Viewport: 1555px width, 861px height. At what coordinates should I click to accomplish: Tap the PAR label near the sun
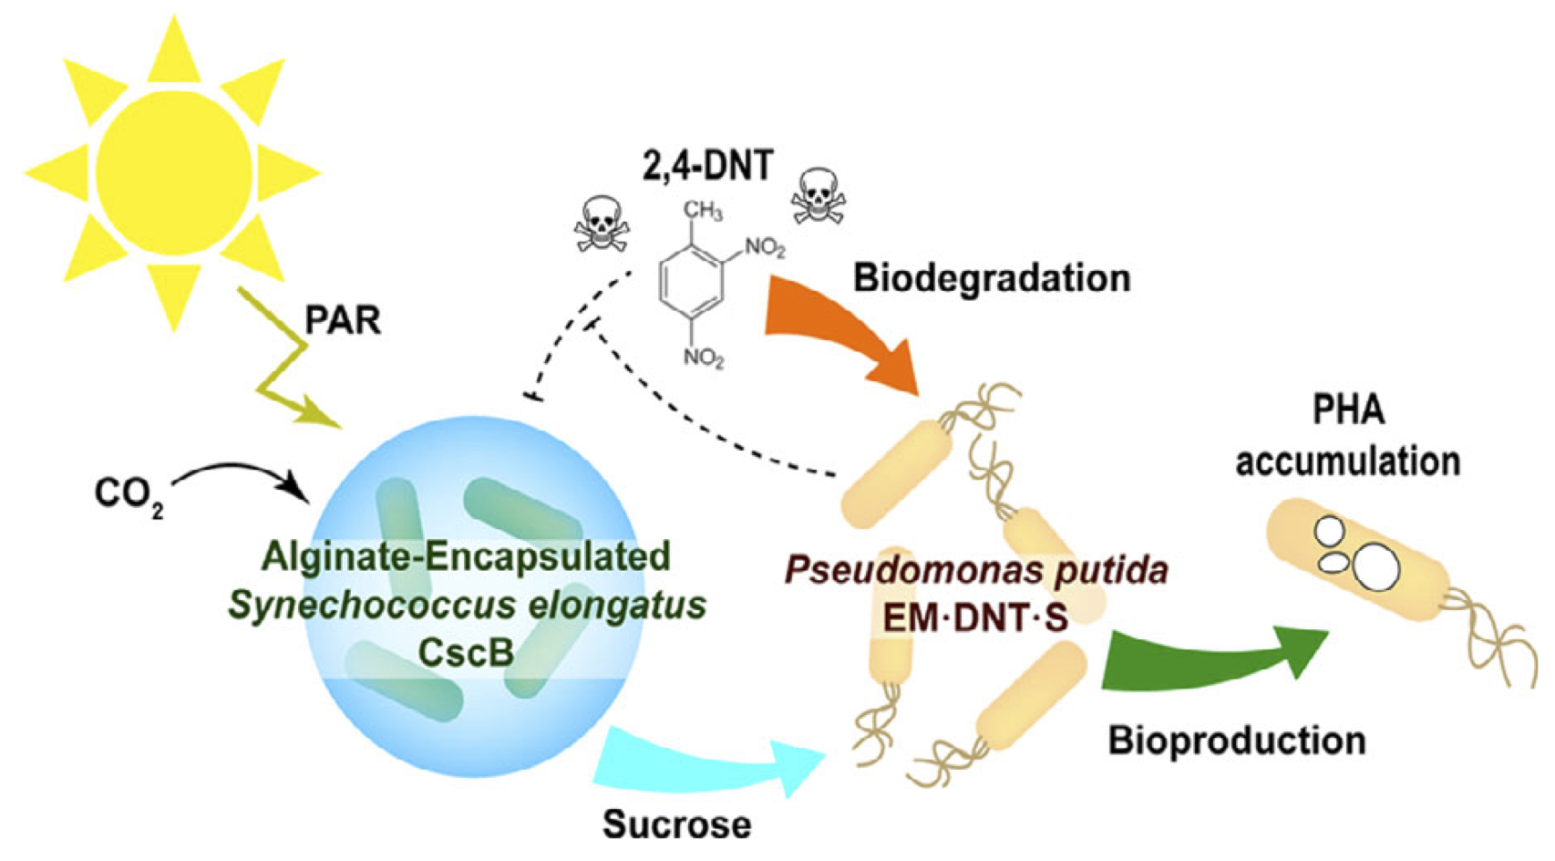342,320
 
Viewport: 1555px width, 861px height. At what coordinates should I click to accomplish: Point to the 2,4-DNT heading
708,166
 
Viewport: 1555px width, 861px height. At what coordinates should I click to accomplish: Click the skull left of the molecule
601,224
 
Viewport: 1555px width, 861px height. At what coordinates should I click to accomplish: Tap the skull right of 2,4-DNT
818,195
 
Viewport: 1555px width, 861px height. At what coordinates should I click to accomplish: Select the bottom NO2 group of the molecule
704,357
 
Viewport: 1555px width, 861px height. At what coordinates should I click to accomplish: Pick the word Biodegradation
992,278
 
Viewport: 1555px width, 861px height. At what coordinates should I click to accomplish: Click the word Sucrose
677,825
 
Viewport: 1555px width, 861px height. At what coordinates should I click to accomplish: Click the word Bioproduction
1237,741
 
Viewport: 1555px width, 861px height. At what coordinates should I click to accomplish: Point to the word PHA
1348,410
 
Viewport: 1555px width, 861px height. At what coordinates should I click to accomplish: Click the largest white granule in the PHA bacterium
1375,566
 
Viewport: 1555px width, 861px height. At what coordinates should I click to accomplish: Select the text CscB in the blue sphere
466,652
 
